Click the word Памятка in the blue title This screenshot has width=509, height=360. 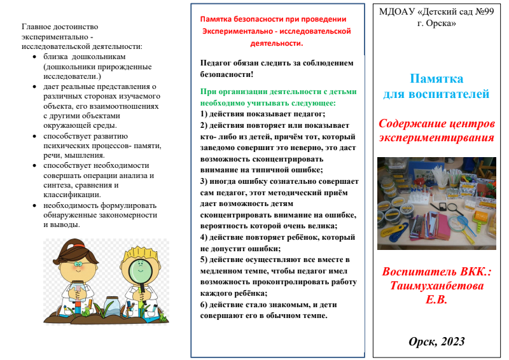click(436, 79)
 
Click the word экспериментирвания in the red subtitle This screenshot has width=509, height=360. click(436, 137)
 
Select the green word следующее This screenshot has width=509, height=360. click(310, 102)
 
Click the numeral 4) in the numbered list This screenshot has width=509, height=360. click(204, 237)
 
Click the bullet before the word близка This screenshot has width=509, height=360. click(35, 56)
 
